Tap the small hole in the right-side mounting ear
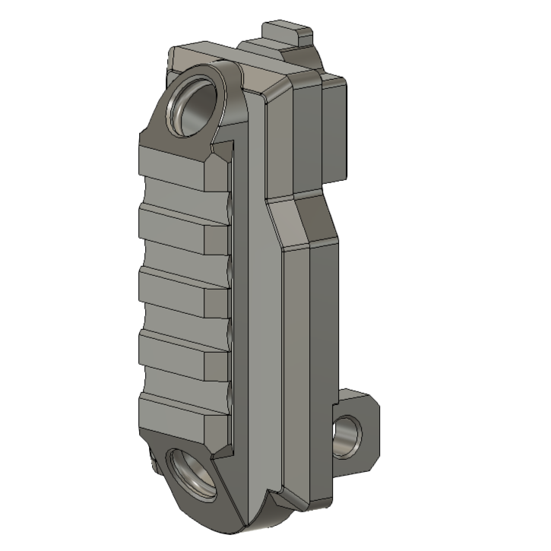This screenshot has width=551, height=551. [x=349, y=435]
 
